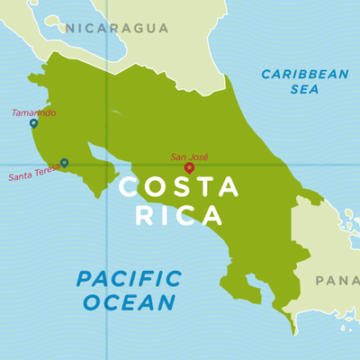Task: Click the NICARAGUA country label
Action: (x=116, y=28)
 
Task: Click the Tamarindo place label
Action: (x=33, y=112)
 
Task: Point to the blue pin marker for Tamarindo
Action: (x=33, y=123)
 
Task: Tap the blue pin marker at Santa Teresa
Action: (x=64, y=163)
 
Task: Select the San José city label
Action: (x=189, y=157)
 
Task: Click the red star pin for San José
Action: (x=189, y=167)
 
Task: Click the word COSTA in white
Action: (x=179, y=187)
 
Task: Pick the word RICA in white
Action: (x=178, y=216)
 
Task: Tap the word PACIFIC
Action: (x=128, y=279)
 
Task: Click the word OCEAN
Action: (x=128, y=302)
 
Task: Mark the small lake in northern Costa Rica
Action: (x=115, y=112)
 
